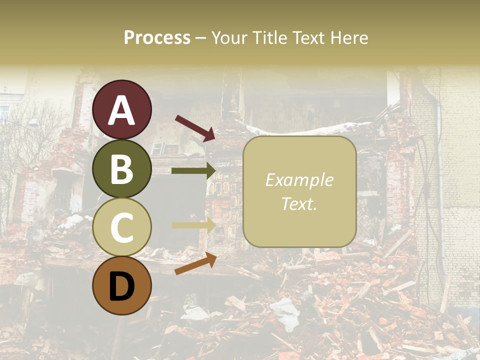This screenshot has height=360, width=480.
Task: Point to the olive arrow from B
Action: click(x=193, y=171)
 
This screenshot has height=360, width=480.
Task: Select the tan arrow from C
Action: click(x=193, y=225)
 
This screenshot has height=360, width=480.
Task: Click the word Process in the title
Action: click(x=157, y=37)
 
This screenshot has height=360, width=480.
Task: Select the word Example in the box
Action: click(x=299, y=180)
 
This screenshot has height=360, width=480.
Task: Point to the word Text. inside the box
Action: click(x=299, y=203)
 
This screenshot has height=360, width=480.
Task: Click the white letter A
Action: click(x=122, y=110)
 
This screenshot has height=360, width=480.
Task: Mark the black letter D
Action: click(x=122, y=286)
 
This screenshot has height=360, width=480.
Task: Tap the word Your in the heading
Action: click(x=229, y=37)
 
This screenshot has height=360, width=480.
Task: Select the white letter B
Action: click(x=122, y=169)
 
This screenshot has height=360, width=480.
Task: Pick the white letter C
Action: click(x=122, y=227)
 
